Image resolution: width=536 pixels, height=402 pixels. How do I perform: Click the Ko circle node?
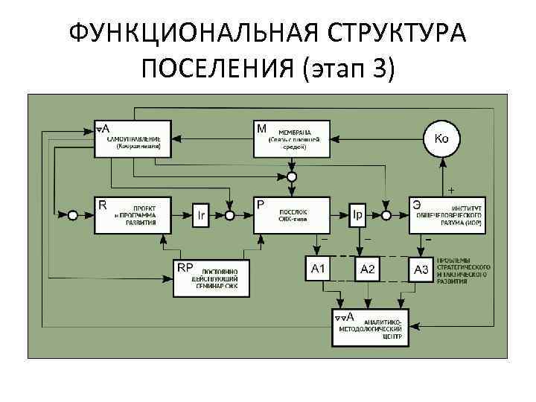click(441, 138)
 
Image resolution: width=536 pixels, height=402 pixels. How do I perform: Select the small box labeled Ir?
click(202, 215)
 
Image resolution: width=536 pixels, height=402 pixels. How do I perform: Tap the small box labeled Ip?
click(358, 215)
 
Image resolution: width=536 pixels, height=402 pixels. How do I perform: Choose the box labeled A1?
click(319, 268)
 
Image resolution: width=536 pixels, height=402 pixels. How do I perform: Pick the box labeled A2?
click(368, 268)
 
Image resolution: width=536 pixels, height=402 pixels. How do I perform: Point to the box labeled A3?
click(421, 268)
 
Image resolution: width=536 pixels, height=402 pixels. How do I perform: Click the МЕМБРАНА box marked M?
click(291, 138)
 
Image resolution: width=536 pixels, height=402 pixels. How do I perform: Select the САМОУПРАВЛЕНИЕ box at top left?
click(133, 138)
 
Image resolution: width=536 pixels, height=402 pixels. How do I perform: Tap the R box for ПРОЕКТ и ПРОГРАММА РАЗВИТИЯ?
click(133, 214)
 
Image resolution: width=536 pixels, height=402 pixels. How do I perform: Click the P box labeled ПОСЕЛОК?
click(291, 214)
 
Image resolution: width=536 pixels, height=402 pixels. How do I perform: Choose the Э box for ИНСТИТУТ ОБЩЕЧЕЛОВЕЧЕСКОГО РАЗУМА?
click(447, 214)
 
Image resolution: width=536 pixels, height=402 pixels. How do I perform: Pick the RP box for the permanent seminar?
click(211, 277)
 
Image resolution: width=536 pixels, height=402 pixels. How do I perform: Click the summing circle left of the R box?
click(72, 215)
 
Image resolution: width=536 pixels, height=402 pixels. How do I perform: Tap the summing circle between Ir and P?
click(230, 215)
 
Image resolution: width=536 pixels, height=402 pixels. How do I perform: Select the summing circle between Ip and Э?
click(386, 215)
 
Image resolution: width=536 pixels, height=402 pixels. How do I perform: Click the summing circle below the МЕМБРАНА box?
click(292, 176)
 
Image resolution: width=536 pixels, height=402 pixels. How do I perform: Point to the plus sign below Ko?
click(450, 189)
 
